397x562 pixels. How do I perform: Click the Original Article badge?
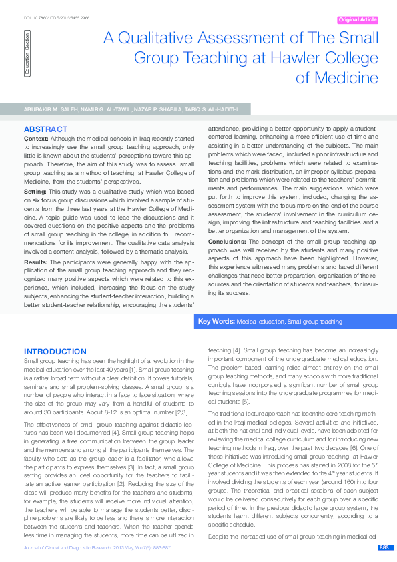coord(357,20)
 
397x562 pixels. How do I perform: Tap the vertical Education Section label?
coord(27,56)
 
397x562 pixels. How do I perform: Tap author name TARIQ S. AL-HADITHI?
coord(214,108)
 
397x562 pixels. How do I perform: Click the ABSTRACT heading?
coord(45,129)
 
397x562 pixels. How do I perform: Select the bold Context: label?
coord(37,138)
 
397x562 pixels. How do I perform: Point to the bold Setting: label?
coord(36,190)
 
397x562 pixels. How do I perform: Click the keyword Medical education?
coord(260,322)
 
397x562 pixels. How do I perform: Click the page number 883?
coord(384,547)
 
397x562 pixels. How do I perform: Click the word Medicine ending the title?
coord(337,78)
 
